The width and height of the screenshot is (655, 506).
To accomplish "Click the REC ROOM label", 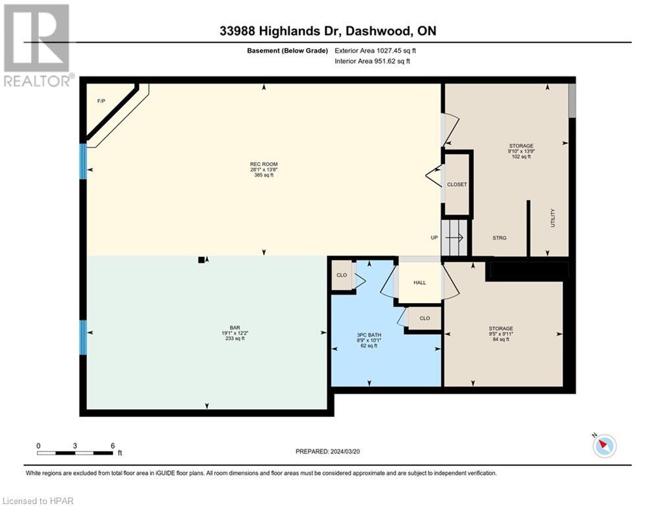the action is (264, 164).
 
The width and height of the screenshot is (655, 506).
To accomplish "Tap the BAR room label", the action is (235, 328).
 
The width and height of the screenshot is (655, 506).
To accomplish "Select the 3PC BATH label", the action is (369, 335).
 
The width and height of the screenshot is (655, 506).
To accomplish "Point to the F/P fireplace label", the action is (101, 101).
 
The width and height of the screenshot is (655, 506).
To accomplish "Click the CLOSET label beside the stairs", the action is (457, 184).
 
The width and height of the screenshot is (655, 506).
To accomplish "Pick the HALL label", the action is (420, 283).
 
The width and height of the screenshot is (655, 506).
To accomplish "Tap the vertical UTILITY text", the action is (553, 218).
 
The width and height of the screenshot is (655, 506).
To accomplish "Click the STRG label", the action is (499, 238).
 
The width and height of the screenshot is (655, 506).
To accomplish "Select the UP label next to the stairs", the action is (434, 238).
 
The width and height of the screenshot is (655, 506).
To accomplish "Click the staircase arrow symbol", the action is (454, 238).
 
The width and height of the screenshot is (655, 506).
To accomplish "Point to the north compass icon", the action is (604, 445).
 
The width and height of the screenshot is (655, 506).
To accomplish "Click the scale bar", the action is (75, 453).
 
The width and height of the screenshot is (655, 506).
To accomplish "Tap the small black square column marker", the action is (201, 260).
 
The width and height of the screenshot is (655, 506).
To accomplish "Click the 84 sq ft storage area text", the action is (501, 339).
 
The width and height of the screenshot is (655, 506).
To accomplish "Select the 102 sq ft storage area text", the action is (521, 157).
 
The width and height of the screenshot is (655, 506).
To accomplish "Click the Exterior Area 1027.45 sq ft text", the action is (375, 51).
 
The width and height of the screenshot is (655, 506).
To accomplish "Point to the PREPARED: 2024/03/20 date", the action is (328, 451).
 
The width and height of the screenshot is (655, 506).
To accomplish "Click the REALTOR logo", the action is (38, 45).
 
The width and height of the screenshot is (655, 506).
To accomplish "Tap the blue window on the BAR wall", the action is (83, 337).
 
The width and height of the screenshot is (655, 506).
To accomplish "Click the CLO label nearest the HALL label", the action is (425, 318).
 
